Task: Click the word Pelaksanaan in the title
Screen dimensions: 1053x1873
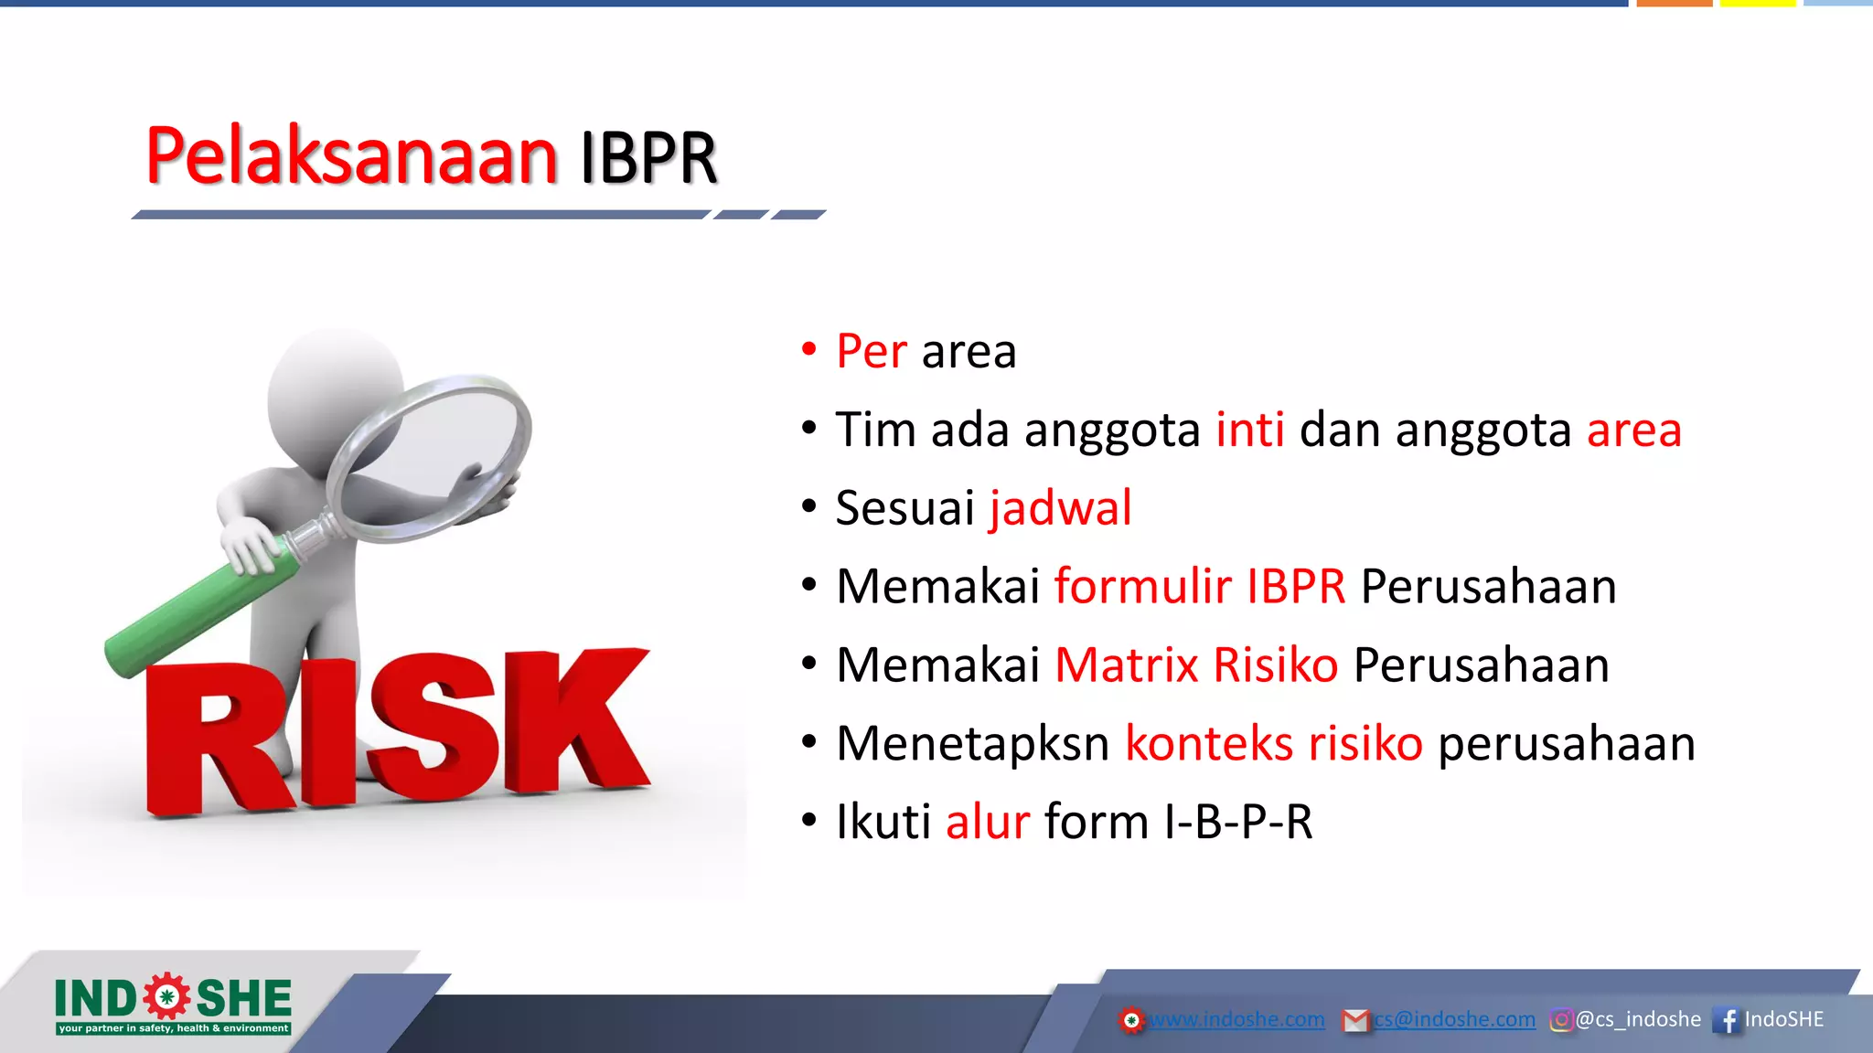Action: [x=351, y=156]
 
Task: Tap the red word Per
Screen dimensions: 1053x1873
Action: [x=871, y=352]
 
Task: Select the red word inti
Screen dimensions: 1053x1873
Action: [x=1249, y=430]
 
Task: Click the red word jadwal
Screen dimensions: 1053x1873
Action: [x=1060, y=508]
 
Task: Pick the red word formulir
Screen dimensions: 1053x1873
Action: [x=1142, y=587]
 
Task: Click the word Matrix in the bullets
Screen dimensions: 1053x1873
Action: [x=1126, y=665]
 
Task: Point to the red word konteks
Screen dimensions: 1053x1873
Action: [x=1208, y=743]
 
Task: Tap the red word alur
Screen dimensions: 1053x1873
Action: [x=988, y=822]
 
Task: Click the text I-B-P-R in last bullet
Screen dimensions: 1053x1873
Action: [x=1238, y=822]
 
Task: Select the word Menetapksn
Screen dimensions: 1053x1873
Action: [x=972, y=743]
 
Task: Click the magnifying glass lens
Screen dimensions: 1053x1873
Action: [x=430, y=457]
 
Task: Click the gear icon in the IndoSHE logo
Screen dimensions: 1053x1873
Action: [x=166, y=997]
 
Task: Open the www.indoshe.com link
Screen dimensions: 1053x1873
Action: [x=1236, y=1019]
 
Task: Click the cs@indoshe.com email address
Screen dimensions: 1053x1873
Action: [x=1454, y=1019]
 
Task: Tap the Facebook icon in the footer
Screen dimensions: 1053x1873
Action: [x=1727, y=1020]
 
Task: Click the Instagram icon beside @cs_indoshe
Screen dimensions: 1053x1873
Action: [x=1561, y=1020]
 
